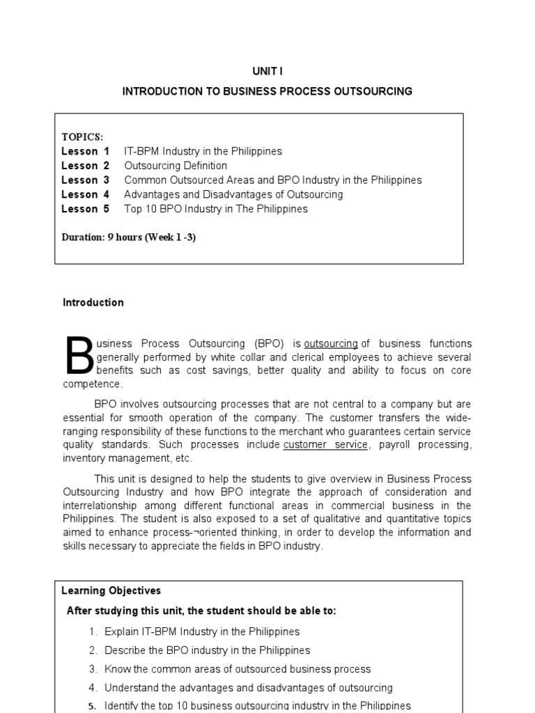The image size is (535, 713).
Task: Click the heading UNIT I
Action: coord(267,72)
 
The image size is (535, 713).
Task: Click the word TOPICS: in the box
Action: coord(82,136)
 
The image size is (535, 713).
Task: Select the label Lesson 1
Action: coord(85,151)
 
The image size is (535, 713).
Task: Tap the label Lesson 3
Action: coord(85,180)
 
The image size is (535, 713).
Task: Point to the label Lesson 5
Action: coord(85,209)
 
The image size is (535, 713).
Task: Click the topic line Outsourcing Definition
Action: coord(176,166)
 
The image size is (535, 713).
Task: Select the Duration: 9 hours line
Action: coord(129,237)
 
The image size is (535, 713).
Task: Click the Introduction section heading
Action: coord(93,303)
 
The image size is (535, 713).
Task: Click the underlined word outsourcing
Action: coord(331,344)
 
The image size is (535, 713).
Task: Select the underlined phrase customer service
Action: coord(325,445)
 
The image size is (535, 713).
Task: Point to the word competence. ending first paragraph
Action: coord(93,384)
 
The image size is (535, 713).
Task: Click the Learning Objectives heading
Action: coord(111,591)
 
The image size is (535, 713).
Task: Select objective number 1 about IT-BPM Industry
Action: coord(201,632)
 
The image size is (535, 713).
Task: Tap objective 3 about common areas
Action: coord(237,669)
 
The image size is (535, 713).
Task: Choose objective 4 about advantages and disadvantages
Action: coord(248,688)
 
